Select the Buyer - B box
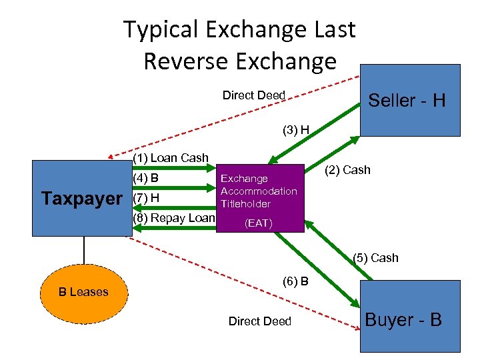point(410,317)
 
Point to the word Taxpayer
point(81,199)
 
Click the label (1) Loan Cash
point(171,158)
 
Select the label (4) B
point(145,178)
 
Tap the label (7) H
point(145,198)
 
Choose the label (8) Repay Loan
point(174,218)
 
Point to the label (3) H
point(295,129)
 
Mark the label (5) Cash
point(375,258)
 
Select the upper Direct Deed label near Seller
point(253,95)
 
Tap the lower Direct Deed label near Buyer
point(259,321)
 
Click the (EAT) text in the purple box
point(259,223)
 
